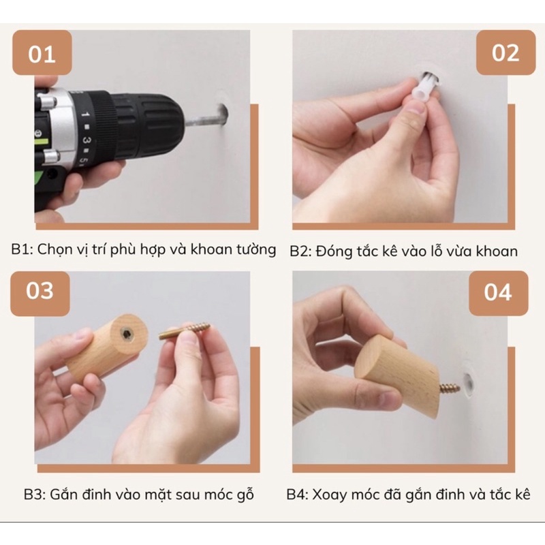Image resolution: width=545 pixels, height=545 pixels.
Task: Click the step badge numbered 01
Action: pyautogui.click(x=42, y=52)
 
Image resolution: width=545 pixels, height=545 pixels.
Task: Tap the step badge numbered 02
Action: pyautogui.click(x=505, y=52)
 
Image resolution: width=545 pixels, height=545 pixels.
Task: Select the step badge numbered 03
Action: pyautogui.click(x=40, y=294)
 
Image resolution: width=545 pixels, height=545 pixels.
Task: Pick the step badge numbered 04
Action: pyautogui.click(x=499, y=293)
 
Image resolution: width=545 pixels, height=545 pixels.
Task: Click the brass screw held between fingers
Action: pyautogui.click(x=185, y=330)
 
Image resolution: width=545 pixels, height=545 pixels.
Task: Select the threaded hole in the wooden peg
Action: pyautogui.click(x=127, y=334)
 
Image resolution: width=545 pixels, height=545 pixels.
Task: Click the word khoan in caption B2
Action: pyautogui.click(x=497, y=251)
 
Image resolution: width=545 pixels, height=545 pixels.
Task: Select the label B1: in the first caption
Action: pyautogui.click(x=22, y=249)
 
